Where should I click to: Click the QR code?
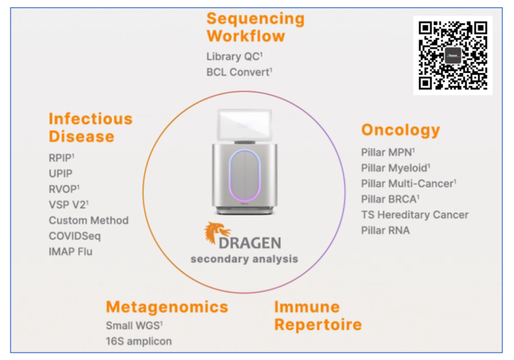pos(452,55)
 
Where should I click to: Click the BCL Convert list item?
pos(239,72)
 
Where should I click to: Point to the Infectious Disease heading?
pos(90,127)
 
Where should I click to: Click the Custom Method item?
pos(88,220)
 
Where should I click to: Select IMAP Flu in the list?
pos(70,252)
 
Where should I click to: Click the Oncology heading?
pos(401,130)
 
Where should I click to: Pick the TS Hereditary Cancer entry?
pos(415,215)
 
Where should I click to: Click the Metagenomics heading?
pos(167,307)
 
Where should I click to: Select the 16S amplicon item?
pos(138,341)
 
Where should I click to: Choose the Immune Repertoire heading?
pos(318,316)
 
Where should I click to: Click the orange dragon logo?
pos(217,234)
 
